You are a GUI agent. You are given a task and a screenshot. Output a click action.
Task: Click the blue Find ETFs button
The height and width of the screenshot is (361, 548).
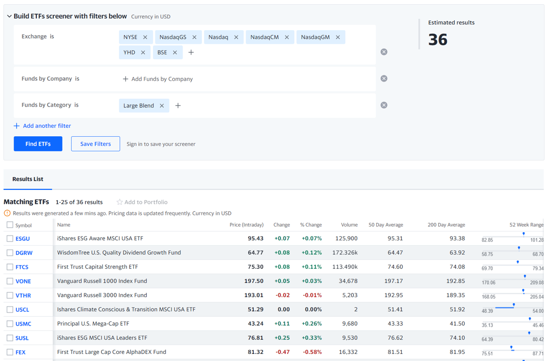[38, 144]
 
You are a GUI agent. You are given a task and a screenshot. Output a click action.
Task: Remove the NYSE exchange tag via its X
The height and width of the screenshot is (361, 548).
[145, 37]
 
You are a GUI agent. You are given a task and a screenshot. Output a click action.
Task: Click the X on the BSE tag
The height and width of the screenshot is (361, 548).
[175, 53]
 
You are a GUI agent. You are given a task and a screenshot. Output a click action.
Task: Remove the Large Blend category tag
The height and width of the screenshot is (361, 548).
[162, 106]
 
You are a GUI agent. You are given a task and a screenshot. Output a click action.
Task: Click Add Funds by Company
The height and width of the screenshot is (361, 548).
[158, 79]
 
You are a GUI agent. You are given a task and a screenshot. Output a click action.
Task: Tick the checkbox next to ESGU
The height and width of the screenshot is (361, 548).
[10, 239]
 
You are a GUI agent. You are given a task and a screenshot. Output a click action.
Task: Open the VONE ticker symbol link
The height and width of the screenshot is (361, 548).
[23, 282]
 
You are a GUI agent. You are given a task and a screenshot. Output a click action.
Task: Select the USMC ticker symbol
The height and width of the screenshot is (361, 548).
[23, 324]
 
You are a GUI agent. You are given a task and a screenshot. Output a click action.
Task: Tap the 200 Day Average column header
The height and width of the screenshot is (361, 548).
[446, 225]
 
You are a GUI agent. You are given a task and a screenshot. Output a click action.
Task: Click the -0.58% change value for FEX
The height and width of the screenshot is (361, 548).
[312, 352]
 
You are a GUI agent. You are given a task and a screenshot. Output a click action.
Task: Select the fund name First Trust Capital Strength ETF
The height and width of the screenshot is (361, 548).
[98, 267]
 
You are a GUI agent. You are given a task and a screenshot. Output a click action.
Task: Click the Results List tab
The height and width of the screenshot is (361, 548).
[28, 179]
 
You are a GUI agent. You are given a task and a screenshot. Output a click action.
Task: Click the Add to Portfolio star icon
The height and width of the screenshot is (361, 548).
[120, 202]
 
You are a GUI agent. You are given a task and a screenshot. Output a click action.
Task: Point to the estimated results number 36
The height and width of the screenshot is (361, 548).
[438, 40]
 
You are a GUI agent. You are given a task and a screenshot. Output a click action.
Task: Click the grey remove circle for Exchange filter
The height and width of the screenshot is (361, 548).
[384, 52]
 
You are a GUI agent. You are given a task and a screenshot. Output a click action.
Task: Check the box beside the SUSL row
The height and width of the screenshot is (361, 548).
[10, 338]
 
